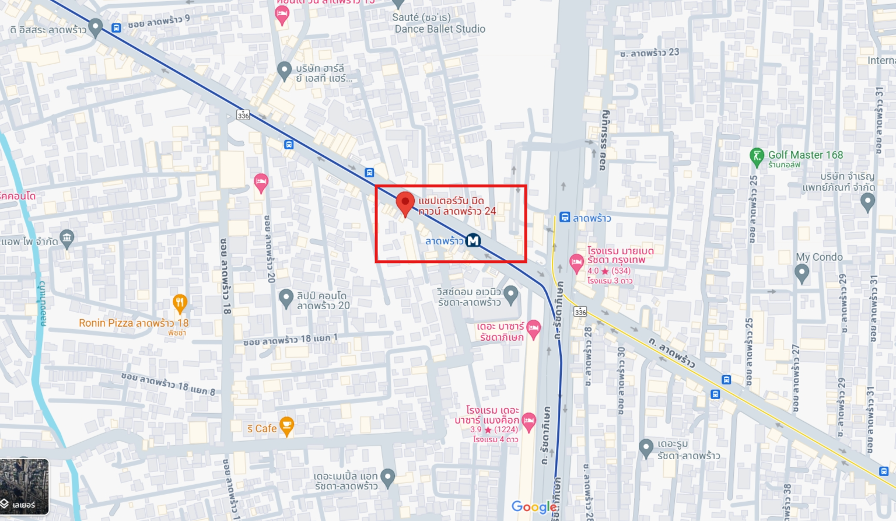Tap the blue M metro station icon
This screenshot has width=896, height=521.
(473, 240)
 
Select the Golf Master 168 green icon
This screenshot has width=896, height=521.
(757, 156)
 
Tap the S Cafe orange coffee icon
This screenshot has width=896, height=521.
(286, 426)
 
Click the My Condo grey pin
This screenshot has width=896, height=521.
(801, 273)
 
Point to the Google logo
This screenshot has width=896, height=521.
(534, 507)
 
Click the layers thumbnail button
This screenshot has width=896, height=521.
(24, 487)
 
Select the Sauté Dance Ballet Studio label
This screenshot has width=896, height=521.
(439, 23)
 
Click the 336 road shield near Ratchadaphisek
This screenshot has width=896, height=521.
(580, 312)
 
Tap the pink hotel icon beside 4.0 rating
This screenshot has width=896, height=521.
(576, 263)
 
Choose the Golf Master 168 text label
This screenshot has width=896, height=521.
(805, 155)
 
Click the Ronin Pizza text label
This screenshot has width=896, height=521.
(134, 323)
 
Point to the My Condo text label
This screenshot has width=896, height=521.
(819, 257)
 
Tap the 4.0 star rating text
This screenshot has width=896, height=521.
(608, 271)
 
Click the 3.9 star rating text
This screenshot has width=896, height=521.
(494, 429)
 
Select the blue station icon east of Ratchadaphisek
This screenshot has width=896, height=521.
(565, 217)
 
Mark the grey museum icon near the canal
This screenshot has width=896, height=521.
(67, 238)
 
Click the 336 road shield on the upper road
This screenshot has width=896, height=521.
(243, 115)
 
